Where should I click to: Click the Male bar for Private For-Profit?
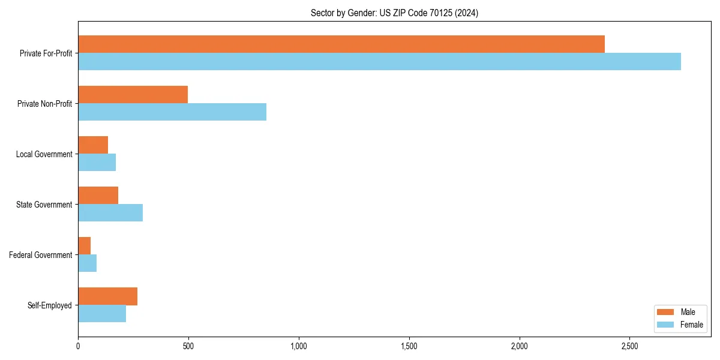pyautogui.click(x=341, y=44)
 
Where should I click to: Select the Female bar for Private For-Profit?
pyautogui.click(x=379, y=61)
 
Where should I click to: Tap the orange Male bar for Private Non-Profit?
pyautogui.click(x=133, y=94)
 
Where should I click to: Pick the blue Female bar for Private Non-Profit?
pyautogui.click(x=172, y=112)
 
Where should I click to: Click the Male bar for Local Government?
pyautogui.click(x=93, y=145)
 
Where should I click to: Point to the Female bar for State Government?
pyautogui.click(x=110, y=212)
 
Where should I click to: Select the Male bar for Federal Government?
pyautogui.click(x=85, y=245)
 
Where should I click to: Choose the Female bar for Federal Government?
pyautogui.click(x=88, y=263)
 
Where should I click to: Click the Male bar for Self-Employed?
pyautogui.click(x=107, y=296)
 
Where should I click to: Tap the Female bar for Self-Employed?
pyautogui.click(x=102, y=313)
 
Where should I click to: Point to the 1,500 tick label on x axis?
pyautogui.click(x=409, y=346)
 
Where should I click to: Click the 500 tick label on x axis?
pyautogui.click(x=188, y=346)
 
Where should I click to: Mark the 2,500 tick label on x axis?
pyautogui.click(x=629, y=346)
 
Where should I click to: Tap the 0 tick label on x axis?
pyautogui.click(x=78, y=346)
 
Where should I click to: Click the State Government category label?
pyautogui.click(x=44, y=205)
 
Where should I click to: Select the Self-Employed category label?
pyautogui.click(x=49, y=305)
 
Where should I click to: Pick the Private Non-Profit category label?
pyautogui.click(x=44, y=104)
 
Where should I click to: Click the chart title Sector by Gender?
pyautogui.click(x=394, y=13)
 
